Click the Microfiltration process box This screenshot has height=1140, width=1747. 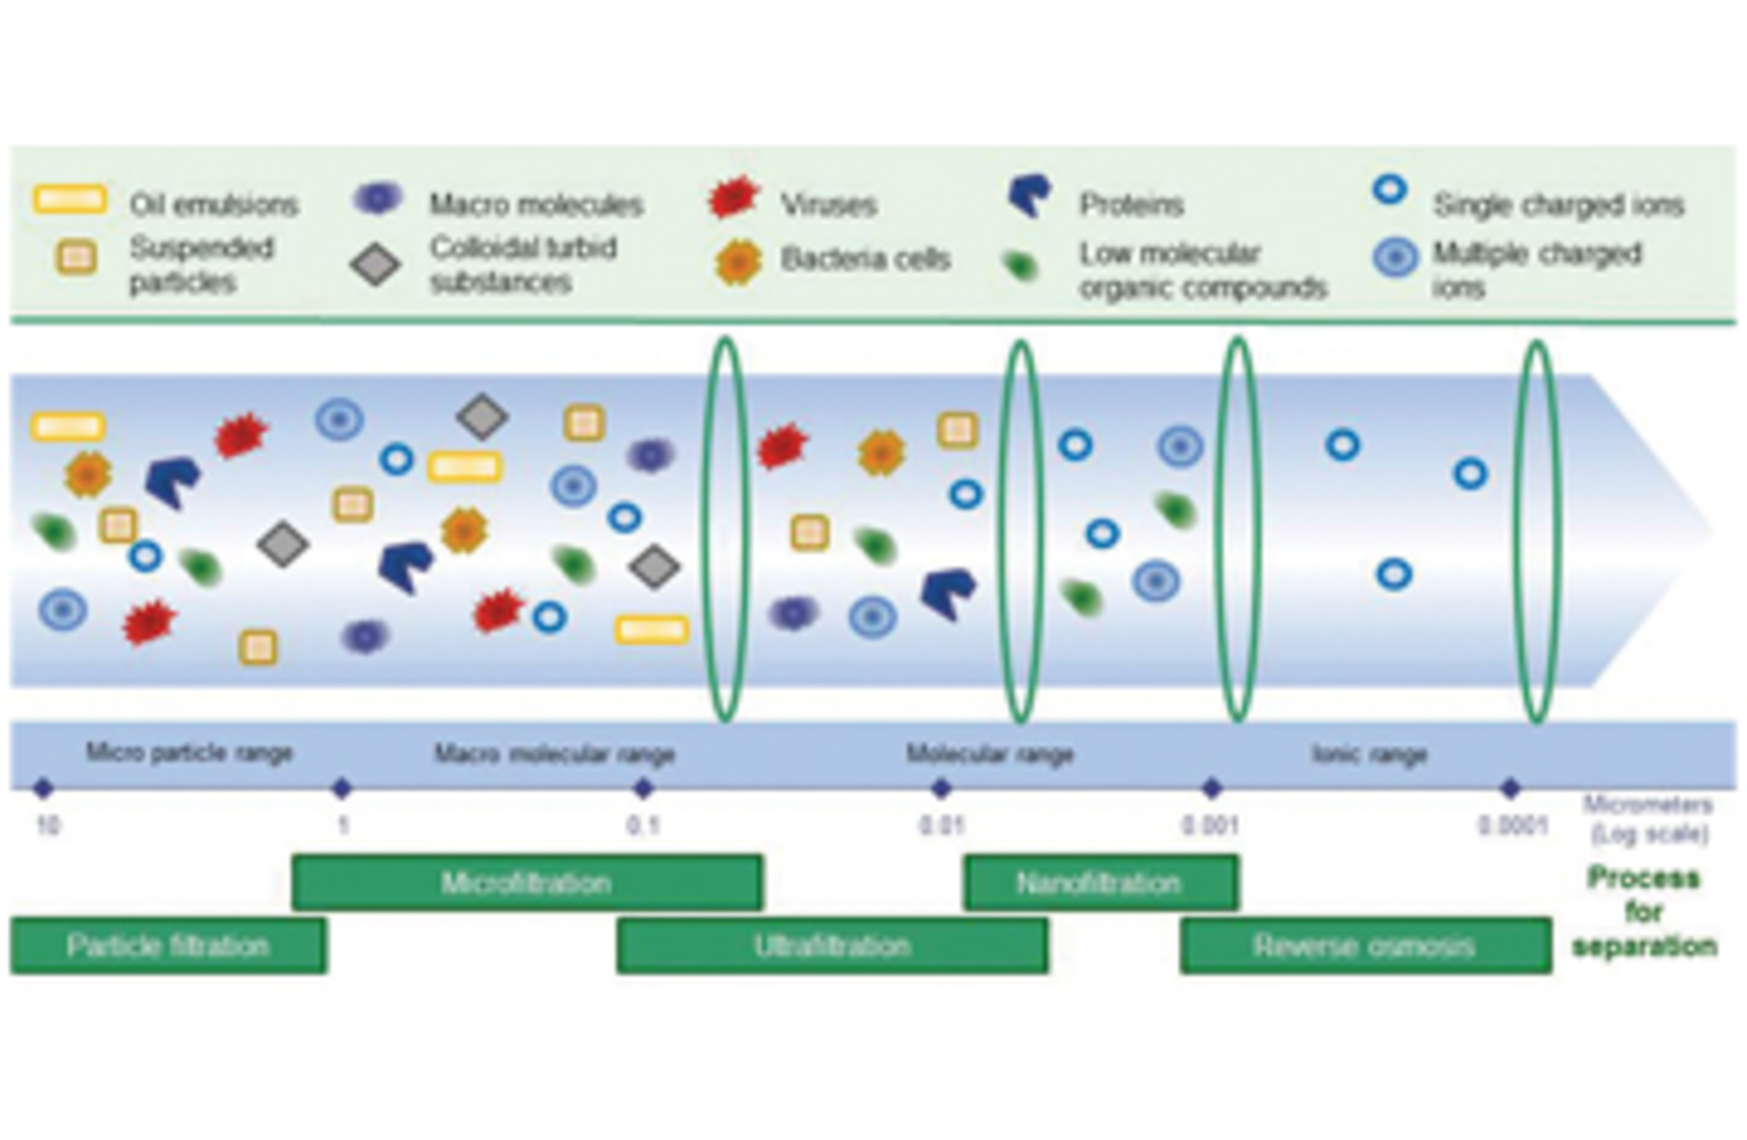(527, 882)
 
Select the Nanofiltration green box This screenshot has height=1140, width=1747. (1100, 882)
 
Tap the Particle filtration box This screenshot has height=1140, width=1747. (168, 945)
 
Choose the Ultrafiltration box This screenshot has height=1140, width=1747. (832, 945)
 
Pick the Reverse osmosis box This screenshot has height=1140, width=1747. (1365, 945)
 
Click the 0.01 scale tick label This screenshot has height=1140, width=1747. (941, 825)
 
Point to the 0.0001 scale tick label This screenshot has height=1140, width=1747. (1512, 825)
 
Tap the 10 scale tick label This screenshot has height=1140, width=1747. (47, 825)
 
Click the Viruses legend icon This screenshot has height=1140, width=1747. (733, 197)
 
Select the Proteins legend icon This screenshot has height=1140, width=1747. (1030, 195)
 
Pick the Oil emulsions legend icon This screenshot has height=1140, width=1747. (70, 199)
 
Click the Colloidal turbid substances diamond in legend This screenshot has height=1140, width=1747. (376, 265)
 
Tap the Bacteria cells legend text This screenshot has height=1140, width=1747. (865, 259)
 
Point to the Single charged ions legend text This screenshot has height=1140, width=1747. (1558, 205)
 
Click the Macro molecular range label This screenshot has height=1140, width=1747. (554, 753)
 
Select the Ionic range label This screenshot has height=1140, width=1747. (1368, 753)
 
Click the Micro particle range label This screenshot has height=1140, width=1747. (189, 752)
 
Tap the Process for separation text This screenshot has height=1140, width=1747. (1644, 912)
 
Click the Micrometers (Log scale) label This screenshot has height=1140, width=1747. (1648, 819)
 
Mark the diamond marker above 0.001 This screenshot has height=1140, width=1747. (1211, 788)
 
